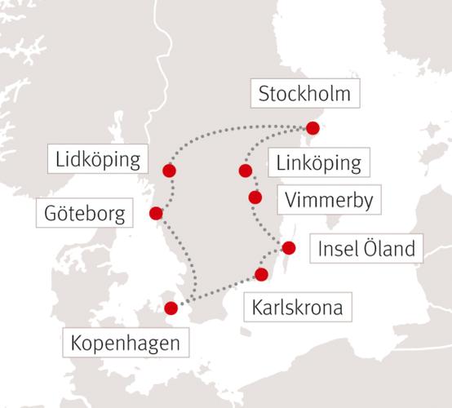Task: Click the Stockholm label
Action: coord(304,94)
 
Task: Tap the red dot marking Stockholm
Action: coord(312,128)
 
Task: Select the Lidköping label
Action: coord(99,159)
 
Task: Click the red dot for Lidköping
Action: coord(169,171)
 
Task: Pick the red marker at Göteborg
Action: coord(156,214)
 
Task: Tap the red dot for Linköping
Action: coord(245,171)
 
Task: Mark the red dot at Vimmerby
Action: coord(255,197)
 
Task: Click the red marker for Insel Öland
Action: coord(290,247)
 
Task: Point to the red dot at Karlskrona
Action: coord(262,274)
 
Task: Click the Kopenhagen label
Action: coord(126,343)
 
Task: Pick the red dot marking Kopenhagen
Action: coord(171,308)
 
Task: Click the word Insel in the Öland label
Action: coord(335,248)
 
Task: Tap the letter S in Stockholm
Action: coord(264,95)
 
